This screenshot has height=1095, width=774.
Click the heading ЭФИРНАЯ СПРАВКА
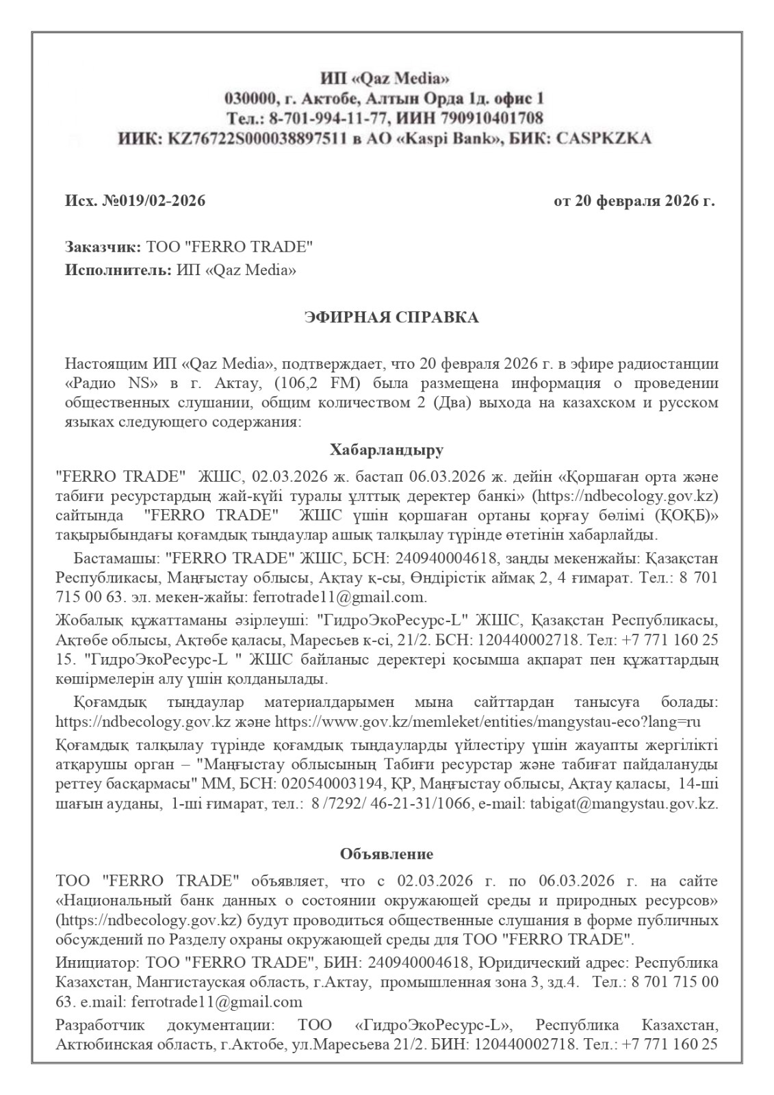pos(391,318)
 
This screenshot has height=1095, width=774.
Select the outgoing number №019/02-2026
pos(153,201)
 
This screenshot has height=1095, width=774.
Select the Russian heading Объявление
pos(387,853)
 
